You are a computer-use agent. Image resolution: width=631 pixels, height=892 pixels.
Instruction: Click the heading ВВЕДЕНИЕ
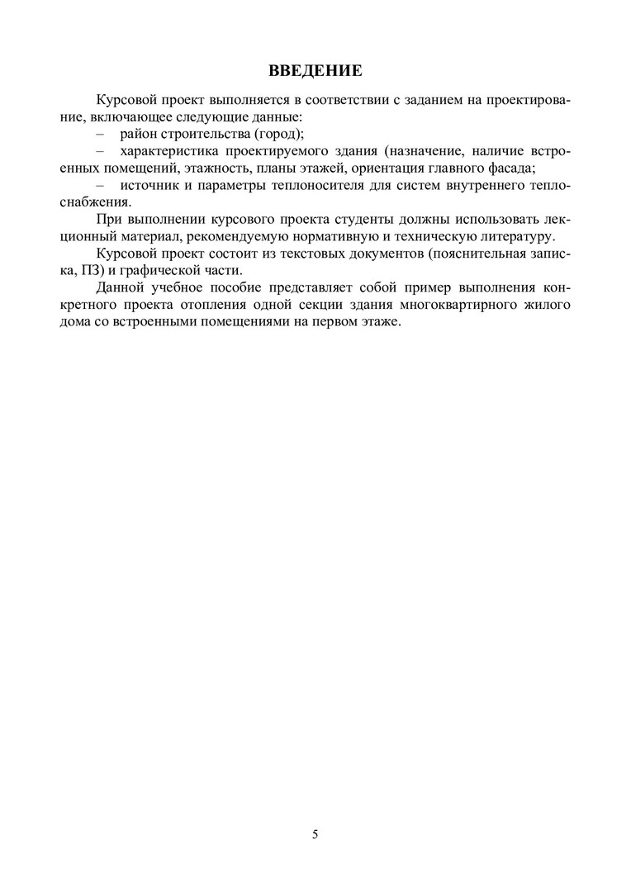tap(315, 70)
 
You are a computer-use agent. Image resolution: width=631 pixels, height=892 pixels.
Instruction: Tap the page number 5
tap(315, 833)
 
